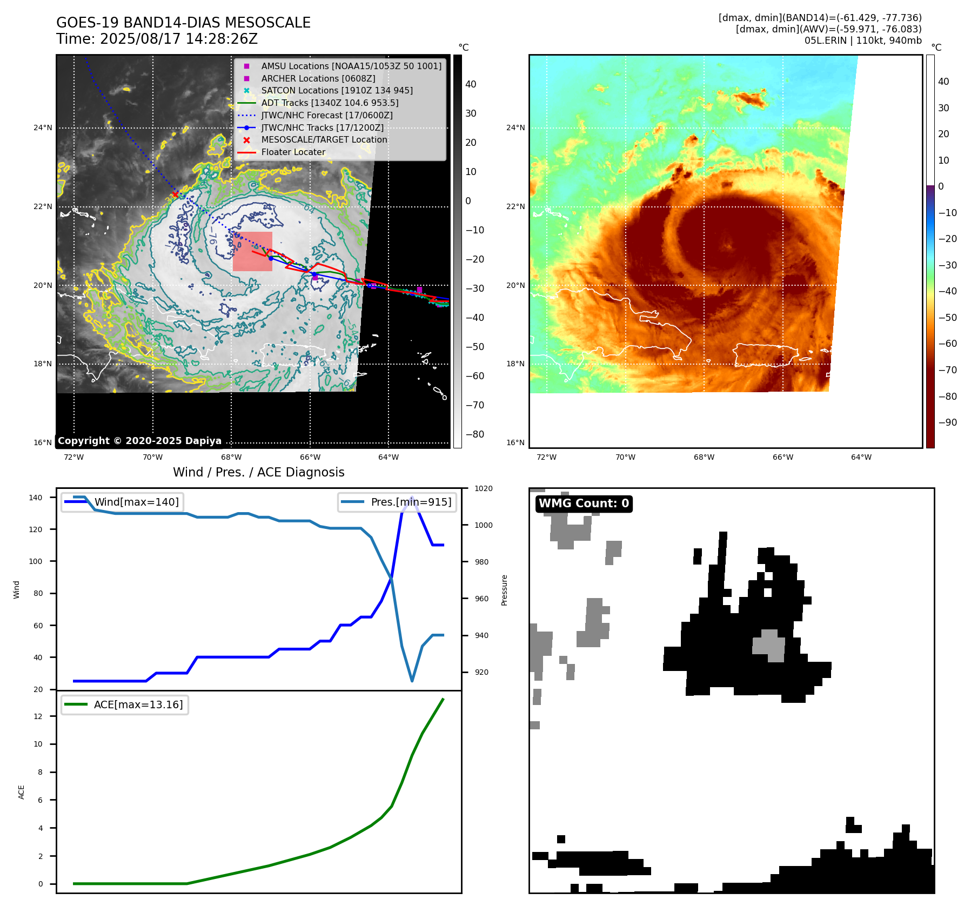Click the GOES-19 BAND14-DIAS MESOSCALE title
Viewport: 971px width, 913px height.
(183, 23)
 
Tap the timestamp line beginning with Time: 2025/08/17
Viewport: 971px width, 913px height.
(157, 39)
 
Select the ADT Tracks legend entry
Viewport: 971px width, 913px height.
(330, 103)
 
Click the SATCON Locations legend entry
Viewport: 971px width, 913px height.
(337, 90)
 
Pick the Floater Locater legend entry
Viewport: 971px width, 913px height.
(293, 152)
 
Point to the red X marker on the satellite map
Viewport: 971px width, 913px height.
(175, 194)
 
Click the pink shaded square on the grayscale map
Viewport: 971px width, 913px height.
(252, 252)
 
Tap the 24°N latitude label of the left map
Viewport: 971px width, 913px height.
(43, 128)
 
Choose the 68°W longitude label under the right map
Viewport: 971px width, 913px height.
(704, 457)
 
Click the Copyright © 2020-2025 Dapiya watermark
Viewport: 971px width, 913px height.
(139, 441)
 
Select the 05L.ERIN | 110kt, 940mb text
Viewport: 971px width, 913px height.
(863, 41)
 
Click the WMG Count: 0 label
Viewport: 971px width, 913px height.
(584, 504)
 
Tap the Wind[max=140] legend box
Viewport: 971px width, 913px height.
(122, 502)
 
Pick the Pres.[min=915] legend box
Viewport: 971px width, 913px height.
(397, 502)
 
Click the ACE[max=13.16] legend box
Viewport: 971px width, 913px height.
(125, 704)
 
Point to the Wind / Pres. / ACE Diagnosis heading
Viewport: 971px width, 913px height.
(258, 472)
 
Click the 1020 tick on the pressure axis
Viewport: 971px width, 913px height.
(484, 488)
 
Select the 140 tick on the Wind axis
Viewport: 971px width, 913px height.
(36, 498)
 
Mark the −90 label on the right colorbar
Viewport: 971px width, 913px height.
(947, 422)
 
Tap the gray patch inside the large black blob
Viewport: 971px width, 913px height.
(769, 645)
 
